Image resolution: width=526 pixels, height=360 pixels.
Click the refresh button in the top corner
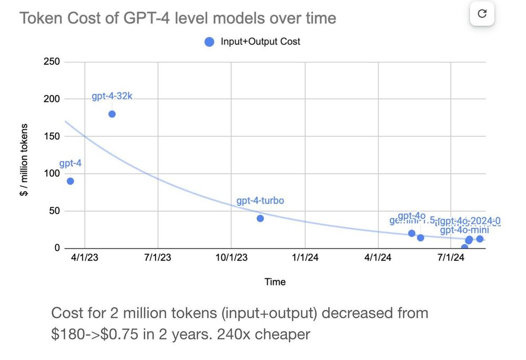pos(482,14)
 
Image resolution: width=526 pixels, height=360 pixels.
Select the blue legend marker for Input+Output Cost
pos(209,42)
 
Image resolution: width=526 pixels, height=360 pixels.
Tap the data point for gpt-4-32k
pos(112,114)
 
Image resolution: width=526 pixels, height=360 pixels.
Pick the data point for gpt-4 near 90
pos(70,181)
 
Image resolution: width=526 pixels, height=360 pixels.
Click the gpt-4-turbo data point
pos(260,218)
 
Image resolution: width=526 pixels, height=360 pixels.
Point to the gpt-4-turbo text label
pos(260,201)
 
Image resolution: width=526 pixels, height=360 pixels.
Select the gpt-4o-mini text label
pos(464,230)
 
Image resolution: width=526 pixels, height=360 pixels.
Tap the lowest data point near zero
pos(464,247)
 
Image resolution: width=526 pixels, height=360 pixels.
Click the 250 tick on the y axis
pos(52,62)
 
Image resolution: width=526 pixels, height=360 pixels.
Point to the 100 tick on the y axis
pos(52,174)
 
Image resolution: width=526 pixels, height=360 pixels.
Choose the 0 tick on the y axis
pos(57,248)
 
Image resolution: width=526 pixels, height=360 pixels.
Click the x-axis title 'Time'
pos(275,282)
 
